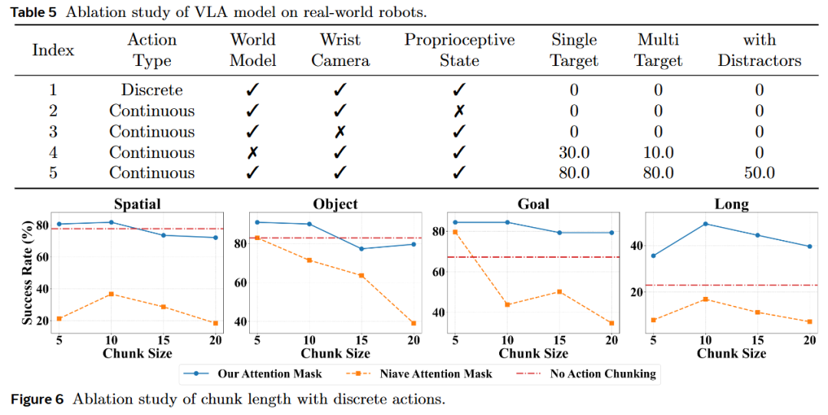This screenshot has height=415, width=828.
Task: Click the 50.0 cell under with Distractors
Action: pyautogui.click(x=759, y=173)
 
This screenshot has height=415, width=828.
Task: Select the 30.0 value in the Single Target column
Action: pyautogui.click(x=573, y=153)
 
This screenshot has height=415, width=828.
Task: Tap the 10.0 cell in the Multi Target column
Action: pyautogui.click(x=659, y=153)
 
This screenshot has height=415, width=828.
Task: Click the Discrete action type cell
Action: pyautogui.click(x=152, y=90)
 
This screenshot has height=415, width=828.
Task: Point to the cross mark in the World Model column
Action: pyautogui.click(x=251, y=153)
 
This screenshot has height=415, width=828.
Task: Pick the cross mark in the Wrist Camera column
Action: pyautogui.click(x=340, y=132)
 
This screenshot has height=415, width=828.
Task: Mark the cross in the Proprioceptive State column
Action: pyautogui.click(x=459, y=111)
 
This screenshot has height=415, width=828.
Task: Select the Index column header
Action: pyautogui.click(x=53, y=51)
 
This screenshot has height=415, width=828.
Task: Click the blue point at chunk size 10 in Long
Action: pyautogui.click(x=705, y=224)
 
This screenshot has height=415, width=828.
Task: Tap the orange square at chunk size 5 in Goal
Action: pyautogui.click(x=455, y=232)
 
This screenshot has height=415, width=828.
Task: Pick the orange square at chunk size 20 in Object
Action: pyautogui.click(x=413, y=323)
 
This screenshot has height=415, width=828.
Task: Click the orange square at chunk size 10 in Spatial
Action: pyautogui.click(x=111, y=294)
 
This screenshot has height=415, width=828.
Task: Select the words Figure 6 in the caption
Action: pyautogui.click(x=37, y=399)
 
